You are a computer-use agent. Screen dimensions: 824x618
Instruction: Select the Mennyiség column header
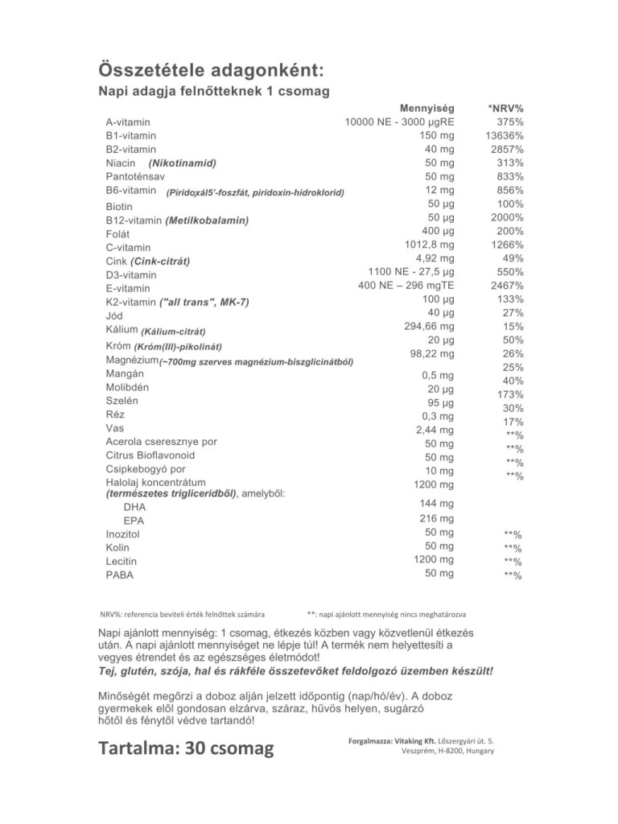(x=426, y=108)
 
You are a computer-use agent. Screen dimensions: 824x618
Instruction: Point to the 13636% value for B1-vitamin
(x=505, y=136)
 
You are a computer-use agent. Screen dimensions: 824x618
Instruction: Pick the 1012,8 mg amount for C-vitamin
(x=429, y=245)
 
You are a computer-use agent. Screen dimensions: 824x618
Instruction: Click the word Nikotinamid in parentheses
(x=183, y=163)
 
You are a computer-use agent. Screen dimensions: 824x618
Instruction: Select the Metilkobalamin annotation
(x=206, y=220)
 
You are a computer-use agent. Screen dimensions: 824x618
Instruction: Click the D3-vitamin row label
(x=131, y=274)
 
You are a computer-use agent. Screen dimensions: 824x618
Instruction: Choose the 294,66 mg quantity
(x=429, y=327)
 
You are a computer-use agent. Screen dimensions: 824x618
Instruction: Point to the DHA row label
(x=135, y=507)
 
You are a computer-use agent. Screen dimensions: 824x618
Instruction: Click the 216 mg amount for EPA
(x=437, y=519)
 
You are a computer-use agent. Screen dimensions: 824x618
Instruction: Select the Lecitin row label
(x=122, y=561)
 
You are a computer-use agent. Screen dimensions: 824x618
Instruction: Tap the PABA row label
(x=120, y=575)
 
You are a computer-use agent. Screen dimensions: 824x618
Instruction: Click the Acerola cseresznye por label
(x=161, y=442)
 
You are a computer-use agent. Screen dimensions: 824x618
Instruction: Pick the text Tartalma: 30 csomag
(x=186, y=748)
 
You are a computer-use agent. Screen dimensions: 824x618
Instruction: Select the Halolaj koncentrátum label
(x=150, y=482)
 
